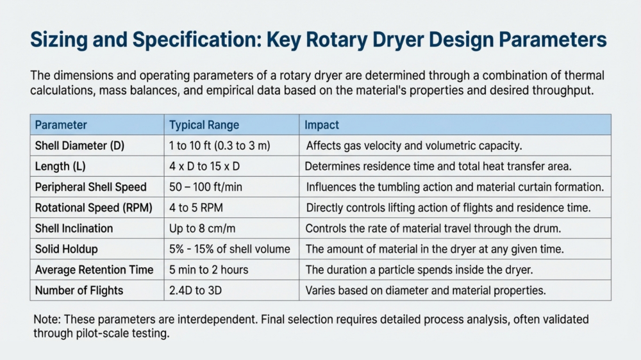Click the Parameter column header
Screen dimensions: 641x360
(61, 125)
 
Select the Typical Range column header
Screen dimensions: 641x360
(204, 125)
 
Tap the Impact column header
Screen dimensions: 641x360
(322, 125)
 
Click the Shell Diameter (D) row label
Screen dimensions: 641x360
(79, 146)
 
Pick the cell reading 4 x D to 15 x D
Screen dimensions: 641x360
(204, 167)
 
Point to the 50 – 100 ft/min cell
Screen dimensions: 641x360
(206, 187)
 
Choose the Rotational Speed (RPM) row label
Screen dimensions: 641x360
(94, 208)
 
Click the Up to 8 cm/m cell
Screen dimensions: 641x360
(203, 229)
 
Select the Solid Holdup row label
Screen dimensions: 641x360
(66, 249)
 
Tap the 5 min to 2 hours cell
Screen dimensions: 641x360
(208, 270)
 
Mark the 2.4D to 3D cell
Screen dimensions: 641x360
(196, 291)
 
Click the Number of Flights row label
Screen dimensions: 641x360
(79, 291)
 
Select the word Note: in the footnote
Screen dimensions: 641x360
(47, 319)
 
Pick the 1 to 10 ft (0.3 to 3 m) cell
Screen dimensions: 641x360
(219, 146)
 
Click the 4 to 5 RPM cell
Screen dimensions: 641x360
(196, 208)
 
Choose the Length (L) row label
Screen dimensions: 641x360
(60, 167)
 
